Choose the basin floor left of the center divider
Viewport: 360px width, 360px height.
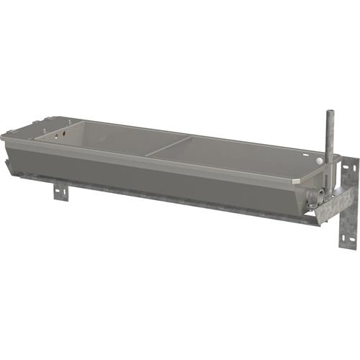tap(115, 140)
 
